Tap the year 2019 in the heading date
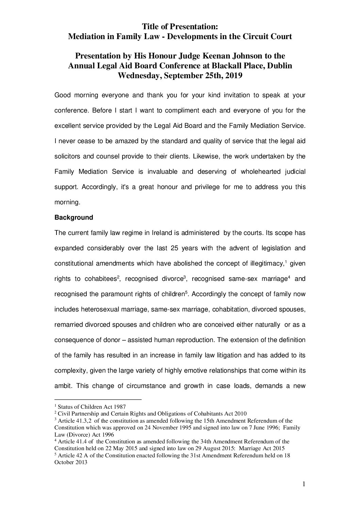pyautogui.click(x=233, y=75)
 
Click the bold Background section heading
pyautogui.click(x=73, y=217)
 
